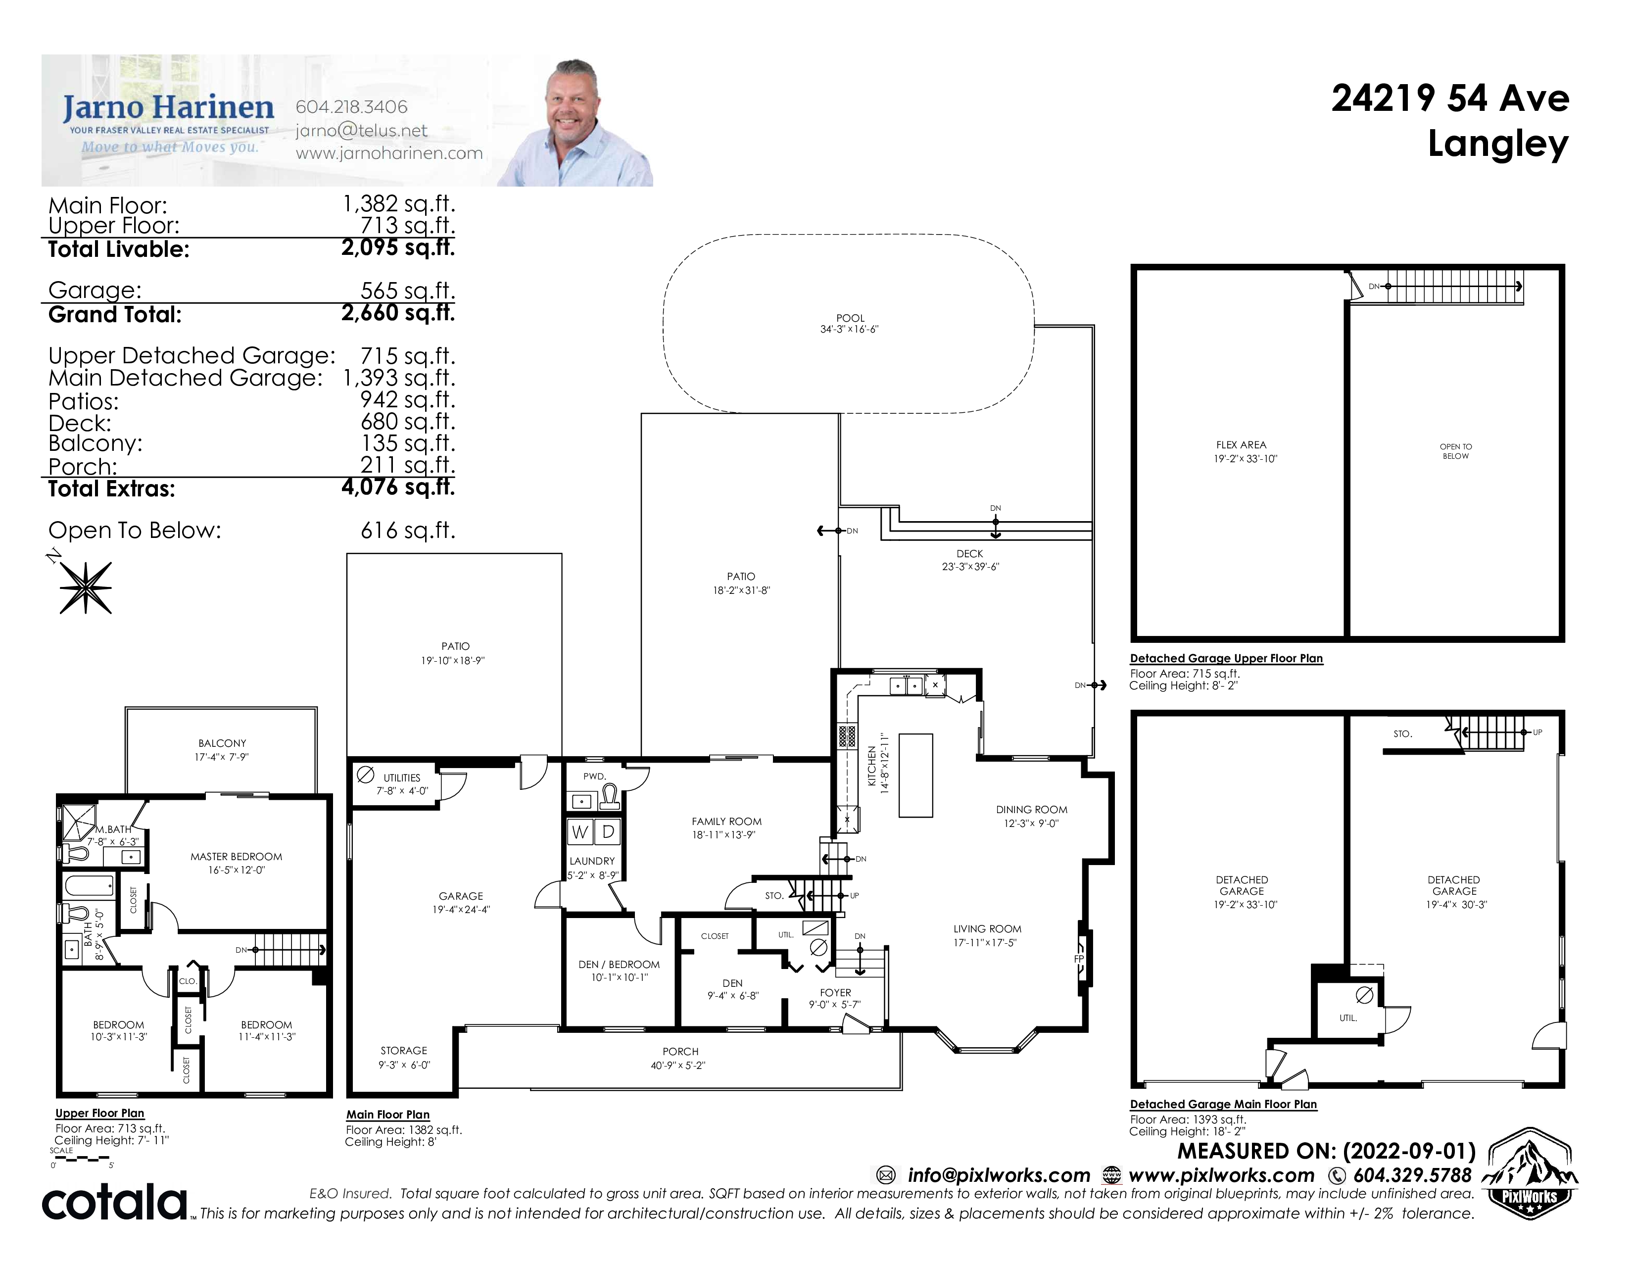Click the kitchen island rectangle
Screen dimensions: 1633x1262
(916, 776)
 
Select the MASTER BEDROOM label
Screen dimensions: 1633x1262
(236, 857)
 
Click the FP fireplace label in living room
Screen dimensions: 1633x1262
(1079, 959)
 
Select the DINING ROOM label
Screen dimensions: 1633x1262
(1032, 810)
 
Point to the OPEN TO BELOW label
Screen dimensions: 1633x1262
(1456, 451)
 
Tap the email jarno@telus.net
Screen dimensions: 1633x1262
(361, 131)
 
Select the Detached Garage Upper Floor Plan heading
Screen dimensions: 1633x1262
(1226, 659)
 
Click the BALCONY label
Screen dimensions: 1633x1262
(222, 743)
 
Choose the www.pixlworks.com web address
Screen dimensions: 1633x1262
(1221, 1176)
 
